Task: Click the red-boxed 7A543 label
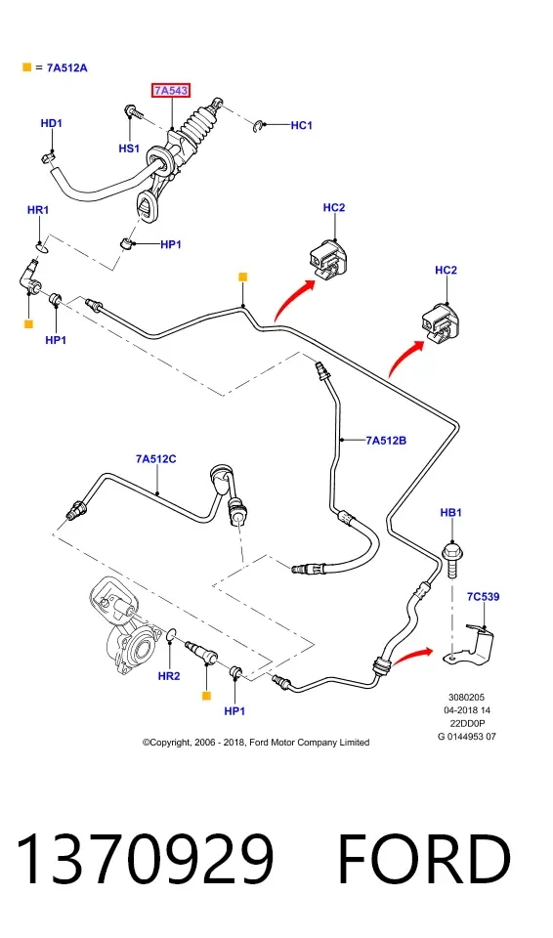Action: [x=171, y=91]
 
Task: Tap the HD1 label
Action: [x=52, y=123]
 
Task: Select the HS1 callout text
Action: [x=129, y=149]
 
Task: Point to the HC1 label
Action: [x=302, y=125]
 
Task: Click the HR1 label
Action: [x=38, y=210]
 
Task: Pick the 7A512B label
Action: [x=386, y=441]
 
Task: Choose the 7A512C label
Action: [x=155, y=459]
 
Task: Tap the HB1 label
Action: [x=451, y=513]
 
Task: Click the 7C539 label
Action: [x=483, y=596]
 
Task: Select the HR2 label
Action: [x=169, y=676]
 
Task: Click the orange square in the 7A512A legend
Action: [x=27, y=67]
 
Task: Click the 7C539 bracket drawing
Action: [x=473, y=646]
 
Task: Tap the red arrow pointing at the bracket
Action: [x=413, y=654]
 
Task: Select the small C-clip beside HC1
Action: [x=257, y=126]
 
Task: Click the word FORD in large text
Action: [x=424, y=859]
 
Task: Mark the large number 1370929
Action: [x=145, y=859]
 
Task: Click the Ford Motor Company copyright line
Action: [x=256, y=743]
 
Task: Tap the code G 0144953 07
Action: [x=467, y=737]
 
